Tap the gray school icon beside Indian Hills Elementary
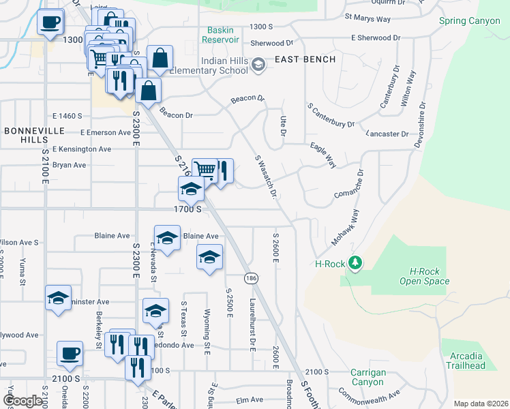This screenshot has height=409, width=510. coord(258,65)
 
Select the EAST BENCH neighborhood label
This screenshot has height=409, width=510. coord(305,59)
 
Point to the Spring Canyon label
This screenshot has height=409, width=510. coord(469,21)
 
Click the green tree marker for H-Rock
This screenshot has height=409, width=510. coord(354,262)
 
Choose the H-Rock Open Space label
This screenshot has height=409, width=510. coord(419,276)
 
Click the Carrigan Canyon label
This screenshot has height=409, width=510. coord(368,378)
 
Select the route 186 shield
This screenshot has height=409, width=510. coord(252,278)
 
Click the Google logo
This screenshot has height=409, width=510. coord(22,401)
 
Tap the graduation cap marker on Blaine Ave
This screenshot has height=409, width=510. coord(167,238)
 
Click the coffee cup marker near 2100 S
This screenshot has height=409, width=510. coord(70,354)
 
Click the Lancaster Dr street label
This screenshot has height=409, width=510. coord(386,134)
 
